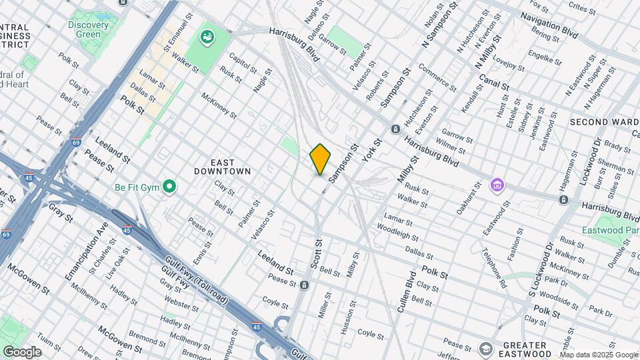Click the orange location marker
point(320,159)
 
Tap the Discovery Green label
point(88,29)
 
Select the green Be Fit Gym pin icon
point(169,187)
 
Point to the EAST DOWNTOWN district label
point(222,167)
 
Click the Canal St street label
point(494,84)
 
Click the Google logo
point(22,352)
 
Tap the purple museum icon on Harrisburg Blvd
point(496,185)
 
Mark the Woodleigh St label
point(397,232)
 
